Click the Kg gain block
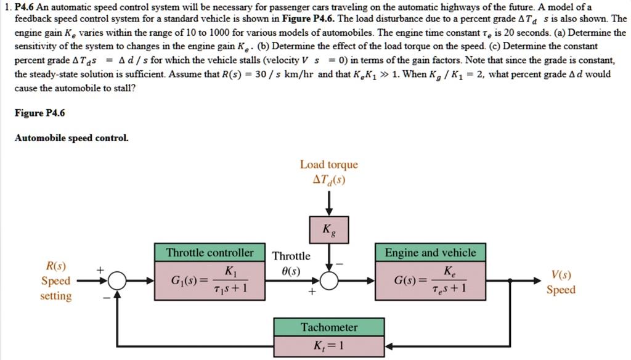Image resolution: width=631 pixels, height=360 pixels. coord(329,231)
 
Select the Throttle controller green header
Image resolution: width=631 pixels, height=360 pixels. coord(210,253)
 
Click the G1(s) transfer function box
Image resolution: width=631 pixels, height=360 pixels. coord(210,280)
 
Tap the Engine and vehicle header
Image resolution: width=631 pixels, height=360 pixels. coord(430,253)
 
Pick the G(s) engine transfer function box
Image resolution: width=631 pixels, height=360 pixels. coord(430,280)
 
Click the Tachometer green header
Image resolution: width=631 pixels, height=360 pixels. coord(329,327)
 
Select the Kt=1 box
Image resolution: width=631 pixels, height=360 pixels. coord(329,345)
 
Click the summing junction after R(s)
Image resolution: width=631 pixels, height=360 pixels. coord(117,281)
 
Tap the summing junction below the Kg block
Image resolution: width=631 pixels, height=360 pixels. coord(330,281)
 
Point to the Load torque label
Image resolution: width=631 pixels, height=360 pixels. coord(328,165)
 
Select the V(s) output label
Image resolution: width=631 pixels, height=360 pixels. coord(561,275)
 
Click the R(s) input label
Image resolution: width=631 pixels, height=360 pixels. coord(56,266)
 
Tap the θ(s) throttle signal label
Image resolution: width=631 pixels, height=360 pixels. coord(291,270)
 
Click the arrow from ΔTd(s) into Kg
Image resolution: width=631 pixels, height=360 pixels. coord(329,202)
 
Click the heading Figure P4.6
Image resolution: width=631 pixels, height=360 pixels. coord(39,113)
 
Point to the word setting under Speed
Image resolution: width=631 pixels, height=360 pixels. coord(56,296)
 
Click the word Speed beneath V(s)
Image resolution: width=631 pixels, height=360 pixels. coord(561,290)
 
